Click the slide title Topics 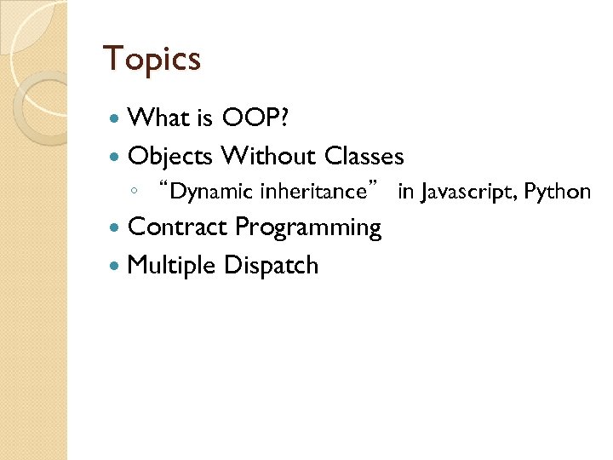152,59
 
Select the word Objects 170,156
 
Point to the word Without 267,156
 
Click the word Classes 364,156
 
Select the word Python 558,192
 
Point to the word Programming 308,228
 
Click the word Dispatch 271,266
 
